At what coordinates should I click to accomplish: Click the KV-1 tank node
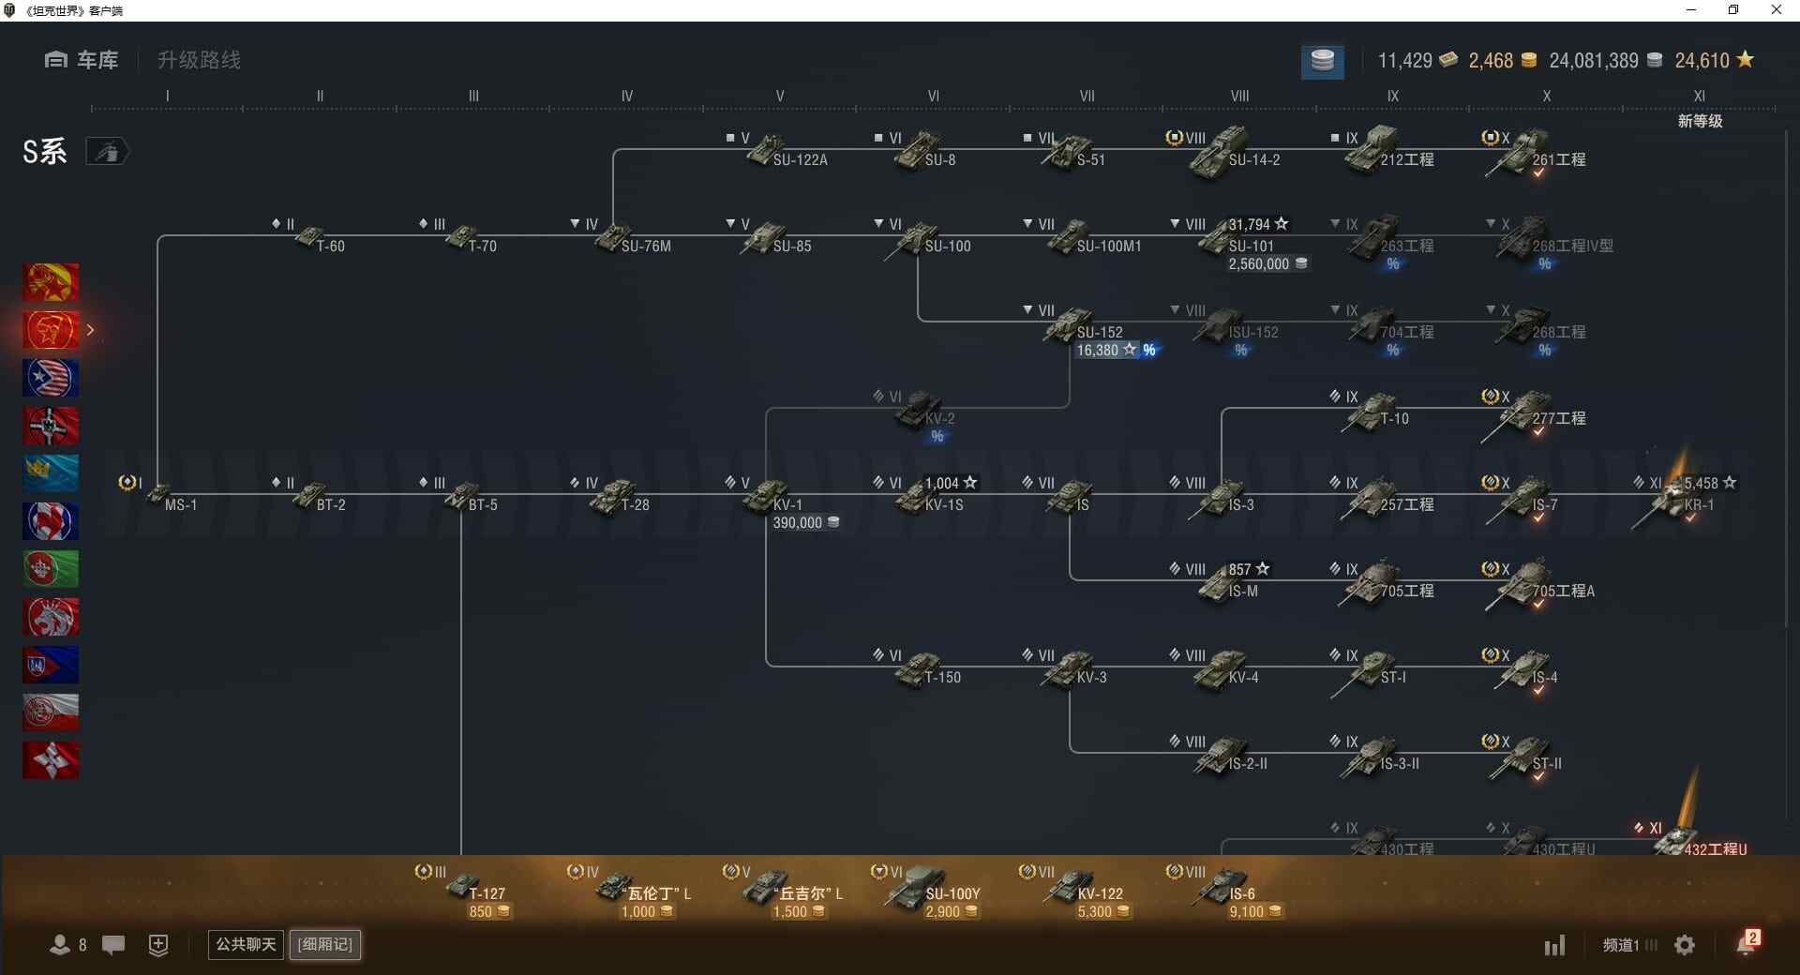click(x=769, y=497)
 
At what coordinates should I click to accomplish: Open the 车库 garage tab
click(x=82, y=61)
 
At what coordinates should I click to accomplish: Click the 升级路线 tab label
click(x=199, y=61)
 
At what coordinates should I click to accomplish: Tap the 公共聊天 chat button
click(x=246, y=944)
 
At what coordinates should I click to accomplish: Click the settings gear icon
click(x=1685, y=945)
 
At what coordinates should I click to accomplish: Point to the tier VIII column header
click(x=1239, y=96)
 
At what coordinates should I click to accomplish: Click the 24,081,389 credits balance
click(x=1594, y=61)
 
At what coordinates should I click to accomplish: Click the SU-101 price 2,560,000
click(x=1259, y=264)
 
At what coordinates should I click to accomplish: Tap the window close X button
click(x=1776, y=10)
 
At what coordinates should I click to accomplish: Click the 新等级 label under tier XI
click(x=1700, y=121)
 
